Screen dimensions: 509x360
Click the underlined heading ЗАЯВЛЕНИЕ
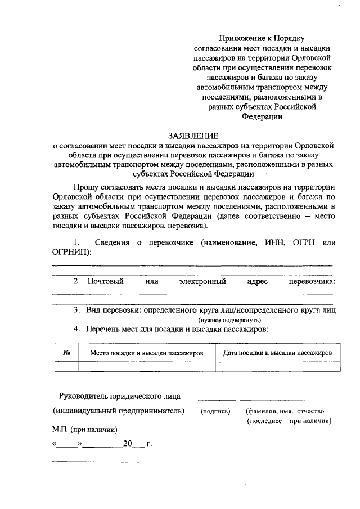pos(192,136)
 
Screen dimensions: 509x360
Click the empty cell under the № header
pos(66,366)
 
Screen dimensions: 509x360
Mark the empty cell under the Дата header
pos(277,366)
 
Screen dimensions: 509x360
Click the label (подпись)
pos(215,411)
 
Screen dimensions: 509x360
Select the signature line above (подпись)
pos(216,400)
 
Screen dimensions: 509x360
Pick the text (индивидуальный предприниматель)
pos(119,411)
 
